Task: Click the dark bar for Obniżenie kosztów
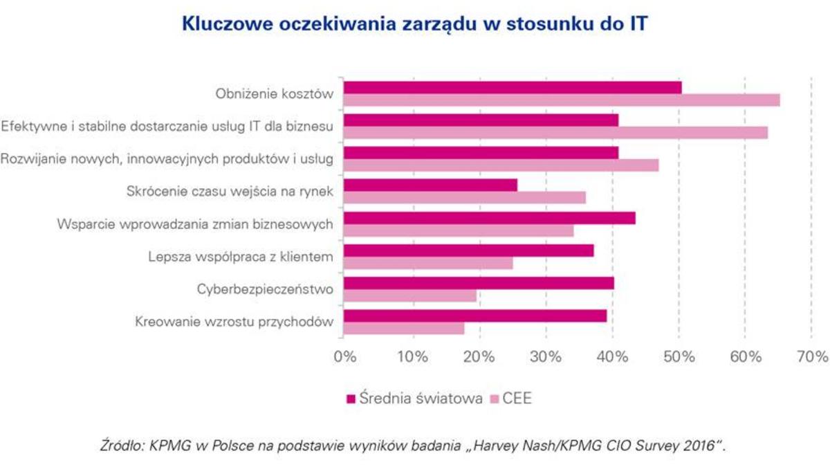(513, 87)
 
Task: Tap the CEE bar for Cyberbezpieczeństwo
(410, 296)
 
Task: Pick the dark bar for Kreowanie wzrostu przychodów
(475, 315)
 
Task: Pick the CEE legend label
(517, 399)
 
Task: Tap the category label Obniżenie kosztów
(273, 94)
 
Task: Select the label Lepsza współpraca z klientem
(241, 257)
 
